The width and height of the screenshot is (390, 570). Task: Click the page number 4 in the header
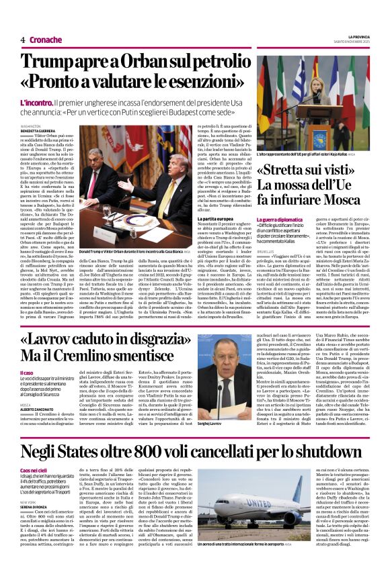click(x=23, y=40)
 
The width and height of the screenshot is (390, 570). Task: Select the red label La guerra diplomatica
click(x=277, y=220)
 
